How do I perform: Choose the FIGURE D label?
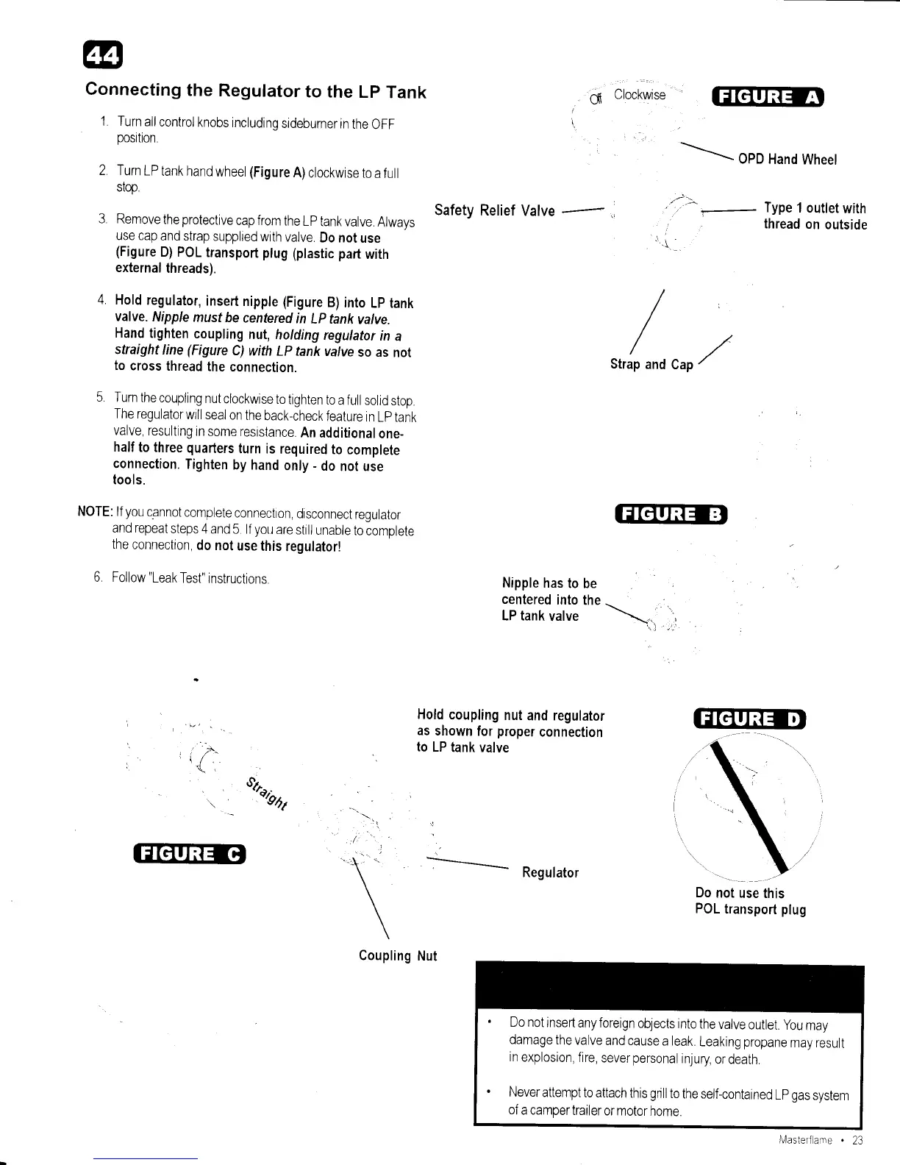750,718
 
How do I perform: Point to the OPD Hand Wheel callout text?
787,160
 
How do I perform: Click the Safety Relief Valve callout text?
494,211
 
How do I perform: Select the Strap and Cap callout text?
651,364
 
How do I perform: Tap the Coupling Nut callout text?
397,955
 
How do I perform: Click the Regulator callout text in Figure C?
550,872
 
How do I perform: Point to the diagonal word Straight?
267,792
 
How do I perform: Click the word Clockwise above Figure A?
639,95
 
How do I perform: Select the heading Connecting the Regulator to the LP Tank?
256,91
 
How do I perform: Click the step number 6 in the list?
98,577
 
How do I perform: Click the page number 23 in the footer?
857,1141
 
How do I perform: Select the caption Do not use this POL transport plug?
750,901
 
